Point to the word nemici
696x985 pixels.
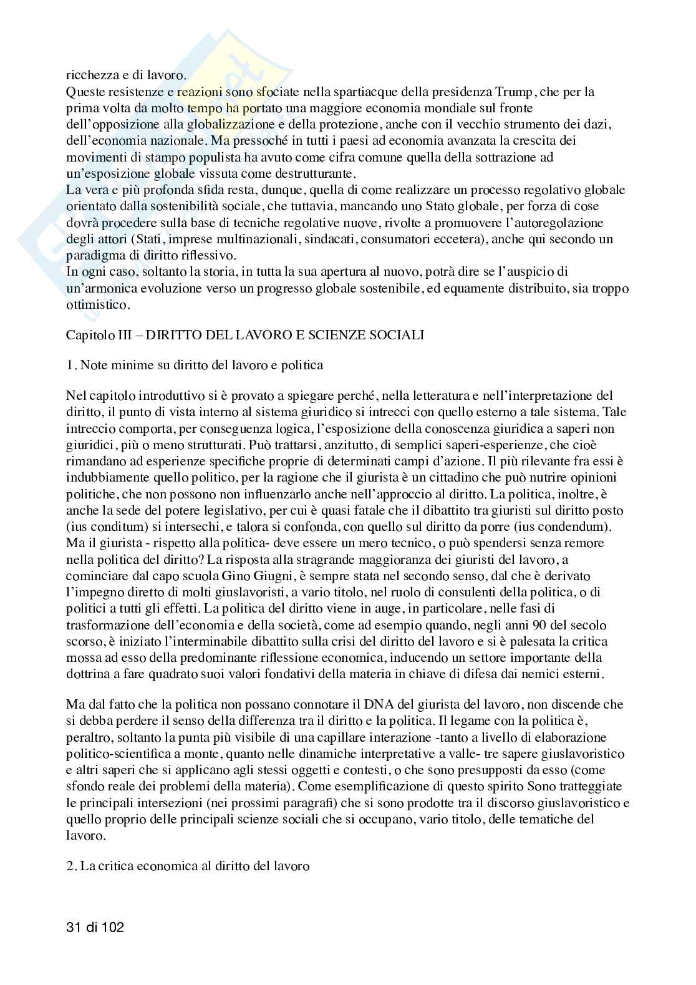[529, 674]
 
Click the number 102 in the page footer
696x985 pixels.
[111, 927]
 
